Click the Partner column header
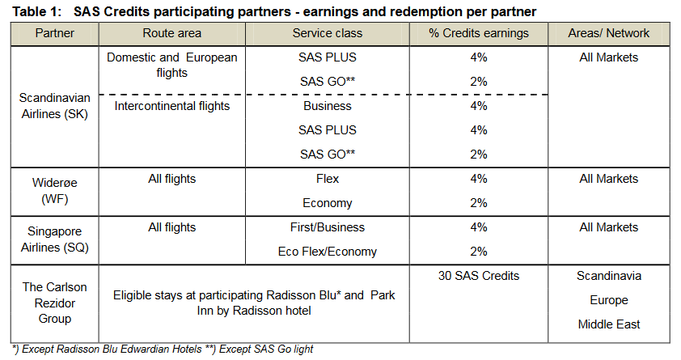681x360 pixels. [55, 33]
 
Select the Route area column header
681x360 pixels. [172, 33]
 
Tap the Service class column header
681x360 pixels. [327, 33]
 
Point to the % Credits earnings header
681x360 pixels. [479, 33]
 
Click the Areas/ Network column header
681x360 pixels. [608, 33]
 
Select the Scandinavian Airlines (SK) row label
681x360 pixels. [55, 106]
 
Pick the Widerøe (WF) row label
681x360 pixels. [55, 191]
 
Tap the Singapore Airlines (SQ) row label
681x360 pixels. [55, 239]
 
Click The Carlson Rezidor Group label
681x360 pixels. [55, 303]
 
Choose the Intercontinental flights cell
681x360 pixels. [172, 106]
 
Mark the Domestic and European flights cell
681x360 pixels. [172, 66]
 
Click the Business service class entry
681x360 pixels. [327, 106]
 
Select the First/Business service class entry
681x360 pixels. [327, 227]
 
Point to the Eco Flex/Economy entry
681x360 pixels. [327, 252]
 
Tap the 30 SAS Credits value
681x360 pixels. [479, 276]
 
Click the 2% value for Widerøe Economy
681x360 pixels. [479, 203]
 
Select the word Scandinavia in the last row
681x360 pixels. [608, 276]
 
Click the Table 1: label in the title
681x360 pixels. [37, 11]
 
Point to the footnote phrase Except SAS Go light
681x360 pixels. [266, 349]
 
